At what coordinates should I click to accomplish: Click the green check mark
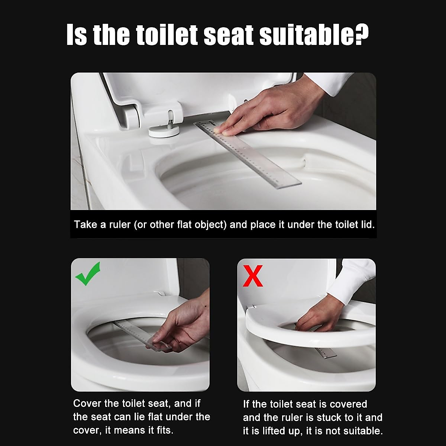click(88, 274)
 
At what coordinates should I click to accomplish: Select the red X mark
click(253, 276)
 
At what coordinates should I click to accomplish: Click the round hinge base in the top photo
click(164, 131)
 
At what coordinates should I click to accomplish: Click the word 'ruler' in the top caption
click(120, 225)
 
